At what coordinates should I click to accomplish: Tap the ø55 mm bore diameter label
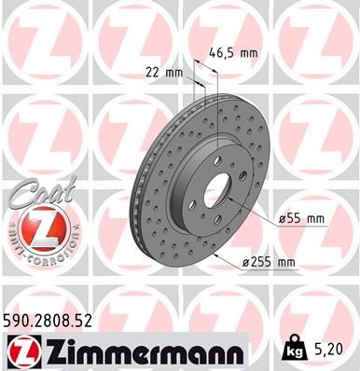click(x=301, y=219)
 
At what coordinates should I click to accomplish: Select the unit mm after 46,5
click(x=247, y=52)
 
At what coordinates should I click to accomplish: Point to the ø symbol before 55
click(x=281, y=219)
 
